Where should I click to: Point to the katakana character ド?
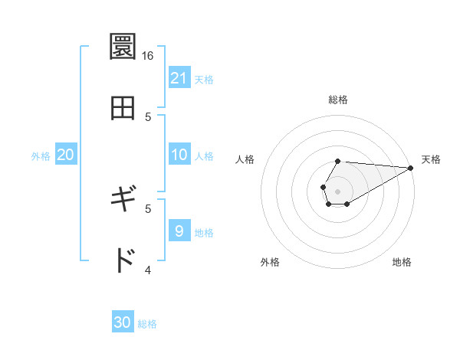click(x=123, y=260)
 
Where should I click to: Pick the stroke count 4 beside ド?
click(x=148, y=270)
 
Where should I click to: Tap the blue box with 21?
click(x=179, y=78)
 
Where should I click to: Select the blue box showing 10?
click(x=179, y=155)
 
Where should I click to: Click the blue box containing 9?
click(x=179, y=231)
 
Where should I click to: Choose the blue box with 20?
click(x=66, y=155)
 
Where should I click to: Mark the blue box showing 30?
click(x=123, y=322)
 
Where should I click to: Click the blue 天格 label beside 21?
click(x=204, y=80)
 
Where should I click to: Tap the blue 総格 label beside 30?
click(x=147, y=324)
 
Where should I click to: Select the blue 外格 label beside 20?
click(x=41, y=156)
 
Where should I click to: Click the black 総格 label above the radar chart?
click(x=338, y=100)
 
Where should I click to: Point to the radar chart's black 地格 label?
click(x=402, y=262)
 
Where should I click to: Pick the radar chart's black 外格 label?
click(x=270, y=262)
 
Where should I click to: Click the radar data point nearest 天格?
click(x=410, y=168)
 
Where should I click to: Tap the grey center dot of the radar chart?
click(x=337, y=190)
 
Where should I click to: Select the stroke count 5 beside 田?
click(x=148, y=116)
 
